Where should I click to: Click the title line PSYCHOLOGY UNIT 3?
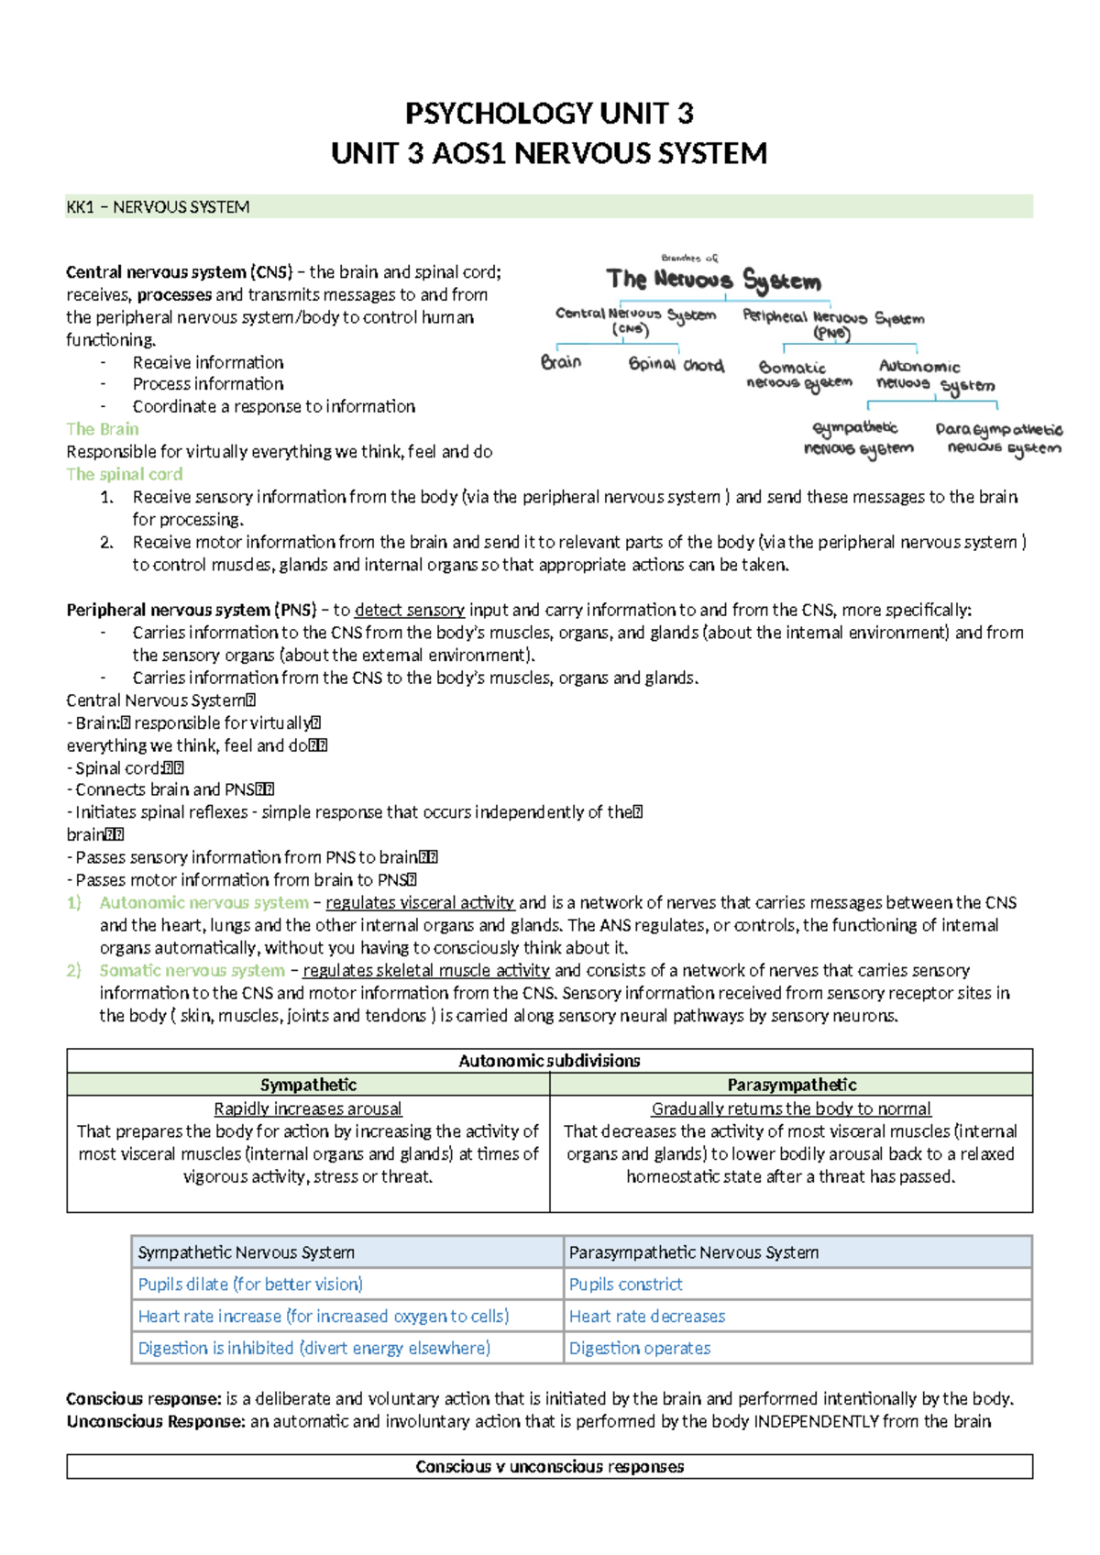tap(549, 114)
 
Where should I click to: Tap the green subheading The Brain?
tap(103, 429)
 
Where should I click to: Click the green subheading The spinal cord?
tap(125, 474)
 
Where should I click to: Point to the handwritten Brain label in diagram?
tap(561, 362)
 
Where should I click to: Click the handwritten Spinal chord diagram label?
tap(676, 365)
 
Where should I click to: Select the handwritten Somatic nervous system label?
tap(797, 375)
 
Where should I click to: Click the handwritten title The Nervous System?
tap(713, 280)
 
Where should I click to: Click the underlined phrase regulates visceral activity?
tap(420, 903)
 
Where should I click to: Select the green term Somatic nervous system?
tap(192, 971)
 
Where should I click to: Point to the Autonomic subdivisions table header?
tap(549, 1061)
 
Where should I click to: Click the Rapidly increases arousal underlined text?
tap(308, 1109)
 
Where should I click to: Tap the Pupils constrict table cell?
tap(626, 1285)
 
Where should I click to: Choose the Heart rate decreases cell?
tap(647, 1317)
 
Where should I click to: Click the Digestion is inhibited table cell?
tap(314, 1349)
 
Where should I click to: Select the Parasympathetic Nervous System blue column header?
tap(694, 1252)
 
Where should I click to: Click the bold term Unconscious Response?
tap(156, 1422)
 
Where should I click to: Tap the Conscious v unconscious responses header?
tap(549, 1467)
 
